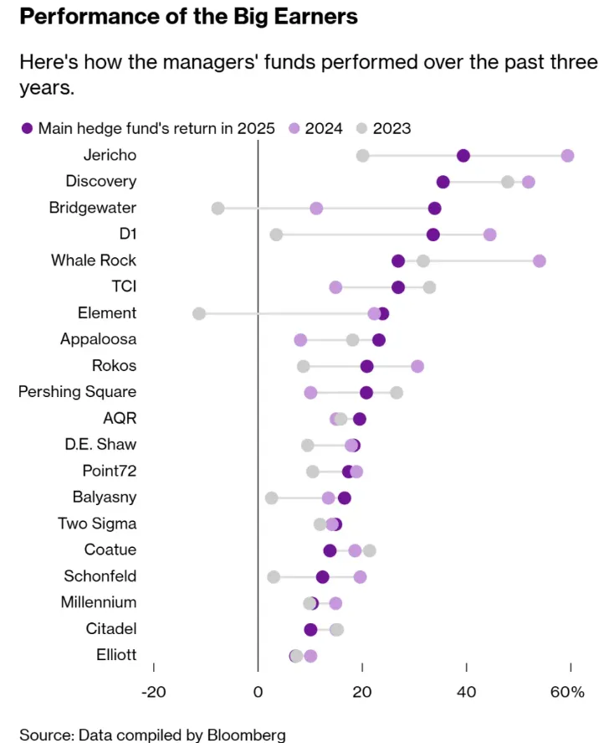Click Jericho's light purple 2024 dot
[x=567, y=156]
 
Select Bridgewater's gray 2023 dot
[x=218, y=208]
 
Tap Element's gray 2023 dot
[x=199, y=313]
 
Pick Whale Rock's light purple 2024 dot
[x=540, y=261]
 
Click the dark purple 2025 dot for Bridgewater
[x=434, y=208]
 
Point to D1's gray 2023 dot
[x=276, y=235]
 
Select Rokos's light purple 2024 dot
[x=417, y=366]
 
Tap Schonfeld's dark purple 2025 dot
[x=323, y=576]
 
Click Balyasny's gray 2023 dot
[x=272, y=498]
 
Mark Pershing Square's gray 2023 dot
[x=397, y=392]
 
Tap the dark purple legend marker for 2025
[x=28, y=128]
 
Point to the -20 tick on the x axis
[x=154, y=691]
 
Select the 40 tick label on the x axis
[x=466, y=691]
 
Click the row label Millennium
[x=99, y=602]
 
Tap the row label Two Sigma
[x=97, y=524]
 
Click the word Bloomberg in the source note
[x=248, y=735]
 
